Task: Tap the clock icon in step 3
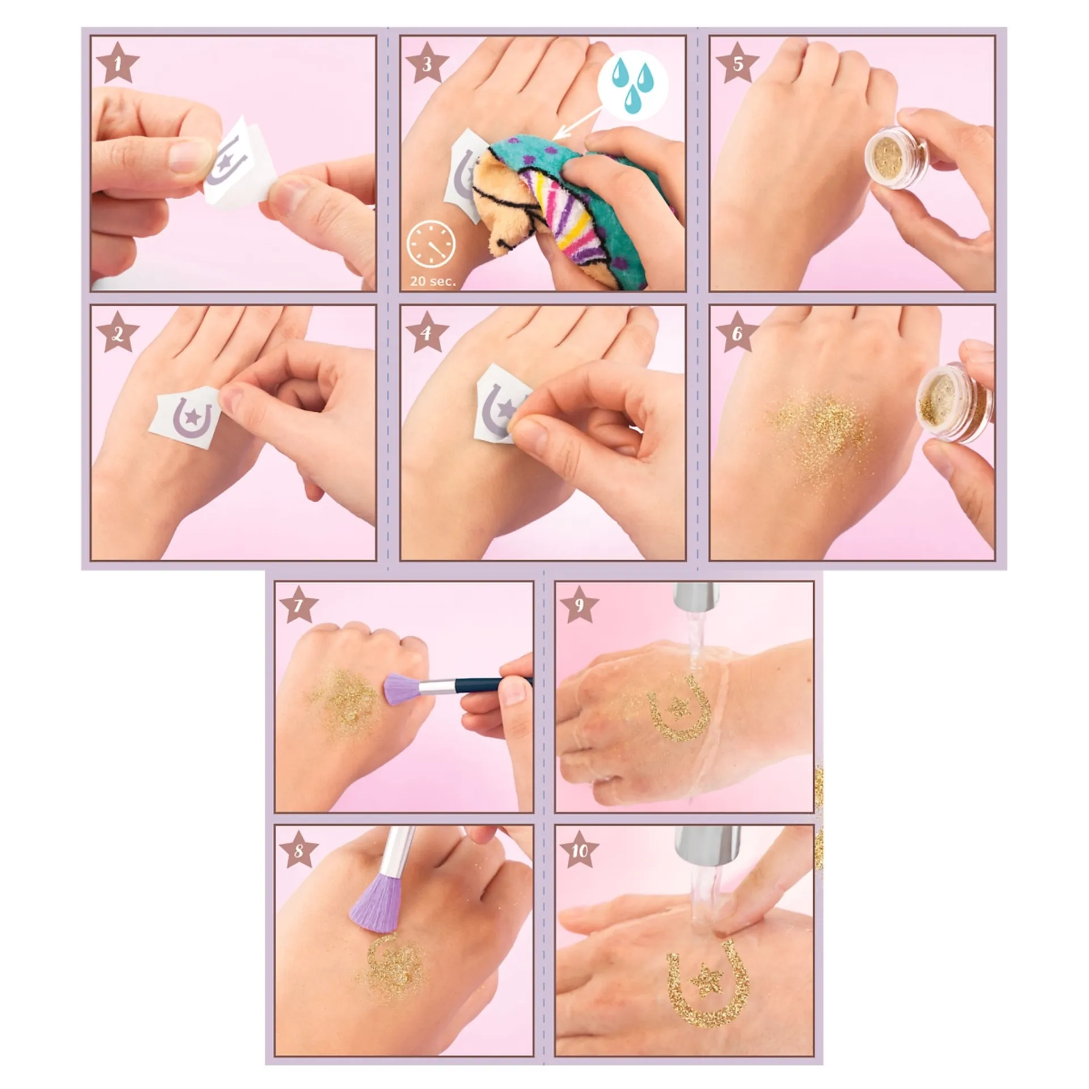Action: pyautogui.click(x=431, y=245)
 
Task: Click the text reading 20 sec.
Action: pyautogui.click(x=433, y=281)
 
